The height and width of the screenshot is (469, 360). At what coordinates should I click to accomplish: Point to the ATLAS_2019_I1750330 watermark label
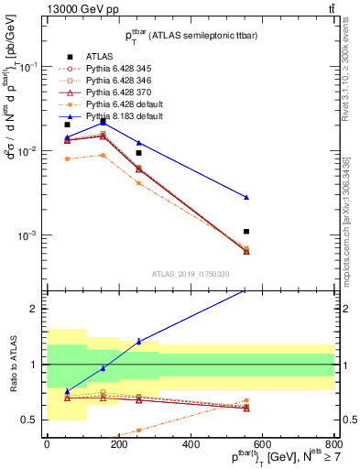point(192,274)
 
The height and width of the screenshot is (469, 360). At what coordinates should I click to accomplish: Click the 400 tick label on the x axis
point(191,444)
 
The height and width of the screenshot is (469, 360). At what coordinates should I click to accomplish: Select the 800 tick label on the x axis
point(334,444)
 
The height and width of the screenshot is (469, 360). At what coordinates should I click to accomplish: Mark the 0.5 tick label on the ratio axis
point(29,420)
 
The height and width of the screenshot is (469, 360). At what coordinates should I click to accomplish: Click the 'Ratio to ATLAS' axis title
point(11,364)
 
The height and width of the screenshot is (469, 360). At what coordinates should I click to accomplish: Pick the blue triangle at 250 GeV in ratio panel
point(138,342)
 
